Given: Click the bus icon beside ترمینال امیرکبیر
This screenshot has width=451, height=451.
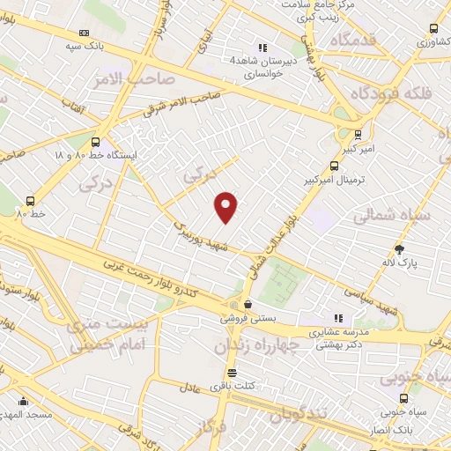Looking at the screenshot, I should click(x=335, y=166).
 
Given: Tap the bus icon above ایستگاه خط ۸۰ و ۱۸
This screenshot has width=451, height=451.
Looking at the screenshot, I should click(x=95, y=141).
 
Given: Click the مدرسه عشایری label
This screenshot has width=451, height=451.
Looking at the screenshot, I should click(x=336, y=334).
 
